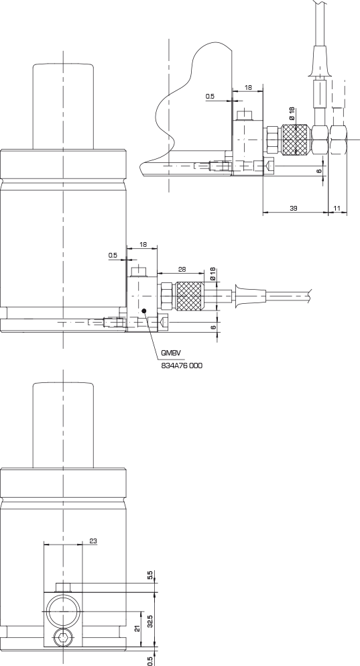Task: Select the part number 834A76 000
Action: pyautogui.click(x=182, y=366)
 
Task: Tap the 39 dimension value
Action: pyautogui.click(x=294, y=208)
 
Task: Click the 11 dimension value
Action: pyautogui.click(x=337, y=208)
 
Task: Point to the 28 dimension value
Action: pyautogui.click(x=182, y=270)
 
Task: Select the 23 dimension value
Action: pyautogui.click(x=93, y=541)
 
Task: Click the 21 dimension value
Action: pyautogui.click(x=137, y=628)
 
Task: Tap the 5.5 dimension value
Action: pyautogui.click(x=149, y=575)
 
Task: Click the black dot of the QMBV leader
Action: pyautogui.click(x=144, y=311)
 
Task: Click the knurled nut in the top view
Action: pyautogui.click(x=295, y=140)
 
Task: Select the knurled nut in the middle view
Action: pyautogui.click(x=189, y=296)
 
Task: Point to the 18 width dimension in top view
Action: pyautogui.click(x=248, y=87)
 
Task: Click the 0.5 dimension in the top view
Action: pyautogui.click(x=210, y=97)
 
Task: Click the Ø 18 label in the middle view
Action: pyautogui.click(x=213, y=274)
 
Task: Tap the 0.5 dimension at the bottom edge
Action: pyautogui.click(x=149, y=661)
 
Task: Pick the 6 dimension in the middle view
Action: pyautogui.click(x=214, y=327)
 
